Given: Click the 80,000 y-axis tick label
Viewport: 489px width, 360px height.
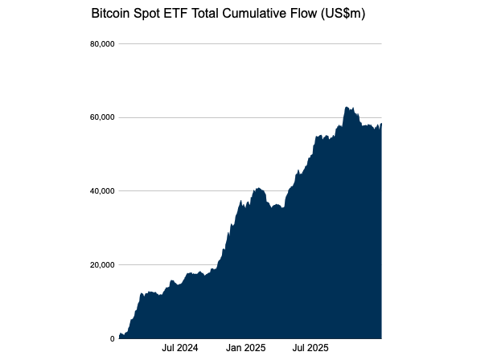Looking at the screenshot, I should coord(101,43).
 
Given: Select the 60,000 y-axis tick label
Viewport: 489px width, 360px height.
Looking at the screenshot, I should coord(101,117).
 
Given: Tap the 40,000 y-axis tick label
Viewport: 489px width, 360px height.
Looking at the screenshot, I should coord(101,191).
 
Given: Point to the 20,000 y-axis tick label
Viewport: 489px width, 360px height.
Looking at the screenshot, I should coord(101,265).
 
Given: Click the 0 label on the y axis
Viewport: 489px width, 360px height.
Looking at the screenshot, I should coord(112,338).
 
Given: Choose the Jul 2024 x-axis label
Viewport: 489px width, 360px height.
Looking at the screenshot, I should coord(180,349).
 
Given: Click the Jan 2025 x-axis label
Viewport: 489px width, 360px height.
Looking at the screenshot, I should coord(245,349).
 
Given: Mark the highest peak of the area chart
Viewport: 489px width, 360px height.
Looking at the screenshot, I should coord(346,107).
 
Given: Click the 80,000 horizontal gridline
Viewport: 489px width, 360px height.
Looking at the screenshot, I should coord(249,43).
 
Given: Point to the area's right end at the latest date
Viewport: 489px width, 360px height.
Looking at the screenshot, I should coord(381,124).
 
